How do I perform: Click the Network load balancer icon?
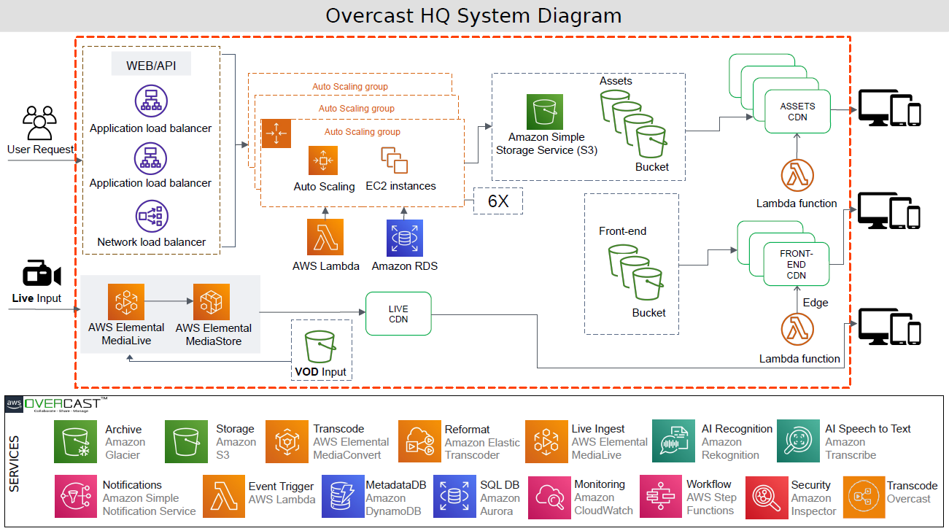151,217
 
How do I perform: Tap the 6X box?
498,201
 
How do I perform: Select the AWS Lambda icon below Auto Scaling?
325,236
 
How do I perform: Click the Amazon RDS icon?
405,236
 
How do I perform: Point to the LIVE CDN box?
398,314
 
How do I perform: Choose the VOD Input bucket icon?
320,346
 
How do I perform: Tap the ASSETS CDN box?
797,112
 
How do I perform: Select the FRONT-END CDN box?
796,265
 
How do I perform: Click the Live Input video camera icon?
41,274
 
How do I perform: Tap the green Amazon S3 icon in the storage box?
545,112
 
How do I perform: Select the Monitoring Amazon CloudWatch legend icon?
549,497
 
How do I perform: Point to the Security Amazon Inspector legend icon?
766,497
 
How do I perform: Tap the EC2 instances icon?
394,160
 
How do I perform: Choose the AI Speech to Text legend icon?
798,441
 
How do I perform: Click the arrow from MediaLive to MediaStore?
169,299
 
